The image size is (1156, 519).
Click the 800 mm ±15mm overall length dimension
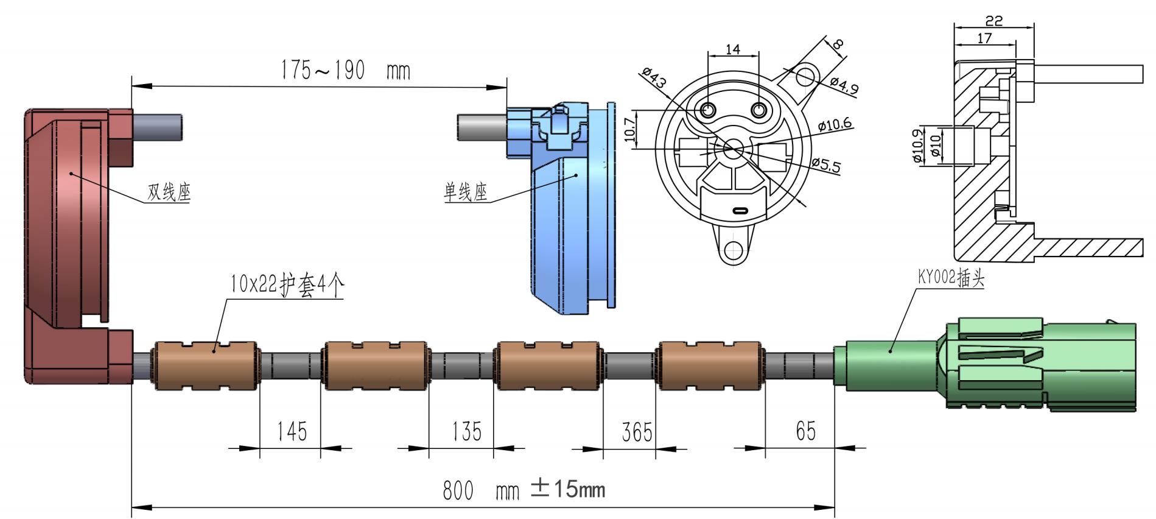[x=524, y=490]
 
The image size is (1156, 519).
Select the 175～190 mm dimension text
[x=345, y=71]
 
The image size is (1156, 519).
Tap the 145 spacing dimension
[x=292, y=431]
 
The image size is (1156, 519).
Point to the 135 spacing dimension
[x=466, y=431]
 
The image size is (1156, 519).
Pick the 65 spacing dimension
[x=805, y=431]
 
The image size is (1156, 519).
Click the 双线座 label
[x=169, y=192]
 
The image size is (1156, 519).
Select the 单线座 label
[x=466, y=193]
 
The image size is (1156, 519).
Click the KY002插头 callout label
[x=951, y=278]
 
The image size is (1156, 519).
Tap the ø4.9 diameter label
[x=844, y=86]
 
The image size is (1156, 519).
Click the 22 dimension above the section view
[x=993, y=21]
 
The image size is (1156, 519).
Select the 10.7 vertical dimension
[x=630, y=129]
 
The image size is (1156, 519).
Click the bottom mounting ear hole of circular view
[x=735, y=250]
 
